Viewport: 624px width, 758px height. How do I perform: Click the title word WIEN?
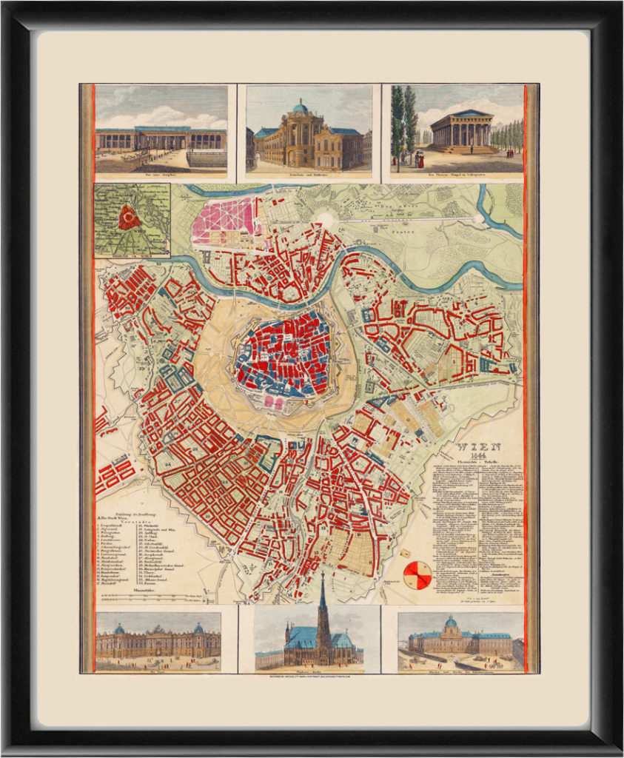click(x=479, y=446)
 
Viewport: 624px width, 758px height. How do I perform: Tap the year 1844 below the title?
click(x=479, y=456)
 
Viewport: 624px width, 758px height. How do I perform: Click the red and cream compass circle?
click(x=417, y=575)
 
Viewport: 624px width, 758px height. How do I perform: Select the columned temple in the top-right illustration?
click(x=462, y=130)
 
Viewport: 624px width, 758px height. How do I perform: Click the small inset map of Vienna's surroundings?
click(x=132, y=220)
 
